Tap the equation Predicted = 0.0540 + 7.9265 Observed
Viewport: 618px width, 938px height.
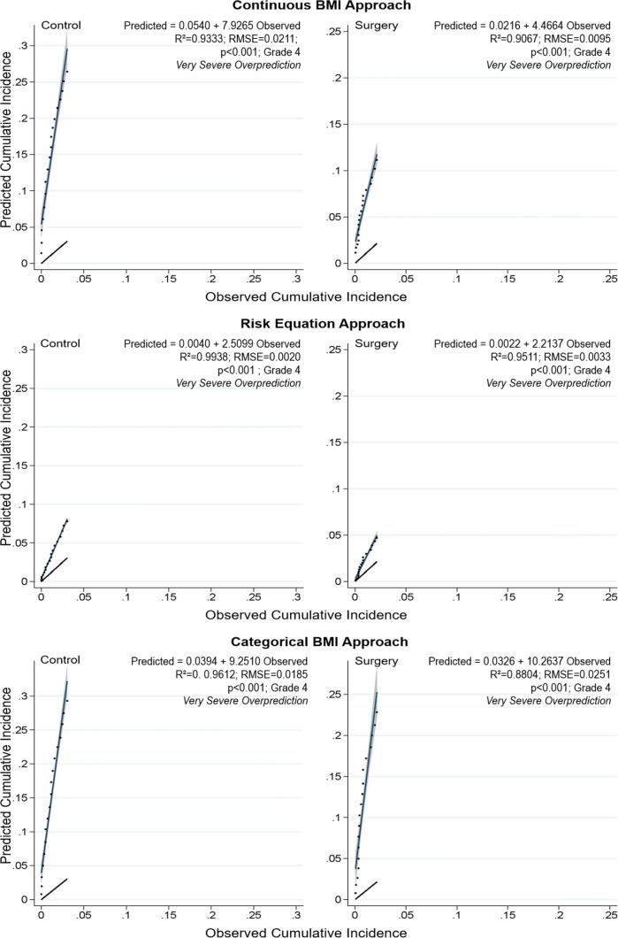click(212, 26)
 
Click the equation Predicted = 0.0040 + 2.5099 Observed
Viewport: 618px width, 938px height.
click(212, 343)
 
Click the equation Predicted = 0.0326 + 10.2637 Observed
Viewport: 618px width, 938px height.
click(519, 661)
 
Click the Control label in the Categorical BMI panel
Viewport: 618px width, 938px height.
click(60, 660)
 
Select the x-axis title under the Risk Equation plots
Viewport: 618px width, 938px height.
click(305, 614)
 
